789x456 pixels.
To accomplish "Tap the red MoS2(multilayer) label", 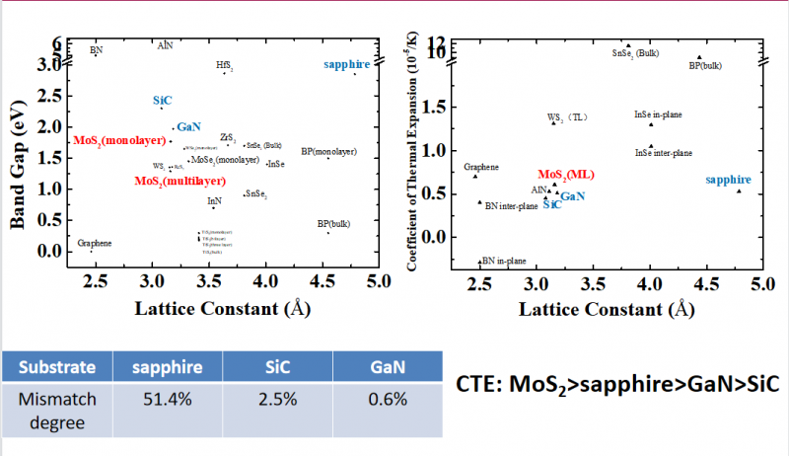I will coord(178,182).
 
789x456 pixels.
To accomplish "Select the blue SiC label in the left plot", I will coord(163,101).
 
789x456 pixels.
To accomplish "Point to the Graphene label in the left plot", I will coord(95,243).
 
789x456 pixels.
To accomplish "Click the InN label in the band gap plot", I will coord(214,200).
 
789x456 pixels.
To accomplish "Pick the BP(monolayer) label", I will coord(328,151).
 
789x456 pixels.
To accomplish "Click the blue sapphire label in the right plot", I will coord(729,180).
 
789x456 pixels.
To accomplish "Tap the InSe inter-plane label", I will coord(663,153).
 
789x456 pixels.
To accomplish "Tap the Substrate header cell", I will coord(59,367).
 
